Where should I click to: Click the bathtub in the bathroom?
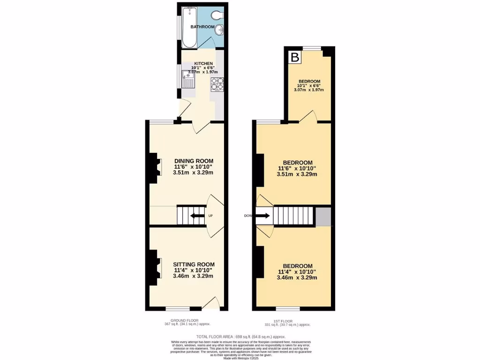pos(189,27)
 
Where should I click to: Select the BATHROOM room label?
pos(202,27)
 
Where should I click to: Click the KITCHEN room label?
pos(204,63)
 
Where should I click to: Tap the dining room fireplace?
pos(155,168)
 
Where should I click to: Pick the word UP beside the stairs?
pos(210,216)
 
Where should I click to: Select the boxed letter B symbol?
pos(295,58)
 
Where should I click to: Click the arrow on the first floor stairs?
pos(263,216)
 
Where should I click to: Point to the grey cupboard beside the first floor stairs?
pos(323,217)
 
